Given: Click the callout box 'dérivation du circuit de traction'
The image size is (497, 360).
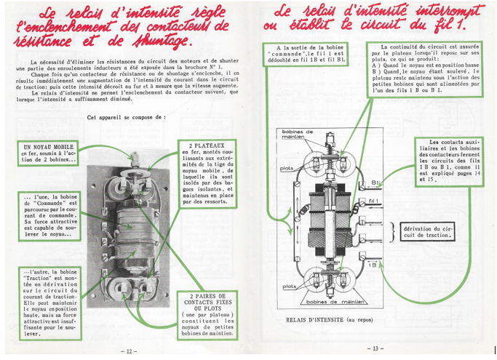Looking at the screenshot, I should coord(430,231).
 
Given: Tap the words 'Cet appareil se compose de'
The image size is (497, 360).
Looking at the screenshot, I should coord(124,116).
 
